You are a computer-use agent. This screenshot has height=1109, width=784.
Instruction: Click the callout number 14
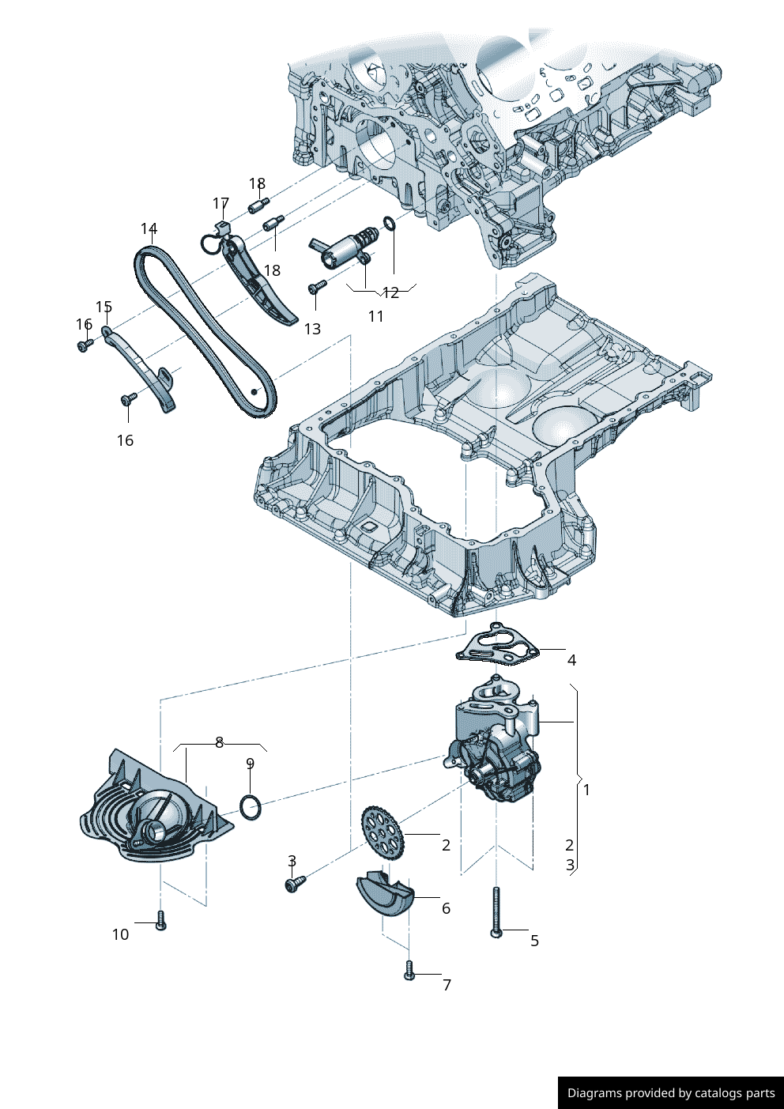click(x=149, y=229)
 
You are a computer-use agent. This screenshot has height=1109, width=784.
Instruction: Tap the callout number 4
click(x=571, y=660)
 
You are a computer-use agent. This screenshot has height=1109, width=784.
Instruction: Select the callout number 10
click(x=120, y=934)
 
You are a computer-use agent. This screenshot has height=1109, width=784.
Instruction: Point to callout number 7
click(x=447, y=985)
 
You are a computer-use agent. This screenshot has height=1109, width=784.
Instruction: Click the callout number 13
click(x=313, y=329)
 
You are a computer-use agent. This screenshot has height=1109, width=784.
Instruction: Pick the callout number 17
click(x=220, y=204)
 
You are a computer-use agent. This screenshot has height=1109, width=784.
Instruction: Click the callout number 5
click(x=534, y=941)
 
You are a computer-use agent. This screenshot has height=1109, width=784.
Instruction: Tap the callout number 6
click(x=446, y=908)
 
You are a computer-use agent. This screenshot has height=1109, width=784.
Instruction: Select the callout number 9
click(x=250, y=764)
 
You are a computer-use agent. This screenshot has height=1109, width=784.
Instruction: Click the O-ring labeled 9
click(x=250, y=808)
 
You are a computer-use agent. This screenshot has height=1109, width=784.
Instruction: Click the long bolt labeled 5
click(x=496, y=911)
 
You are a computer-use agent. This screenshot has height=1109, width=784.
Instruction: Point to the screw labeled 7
click(x=409, y=971)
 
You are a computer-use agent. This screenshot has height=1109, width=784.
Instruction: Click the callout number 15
click(x=104, y=307)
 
